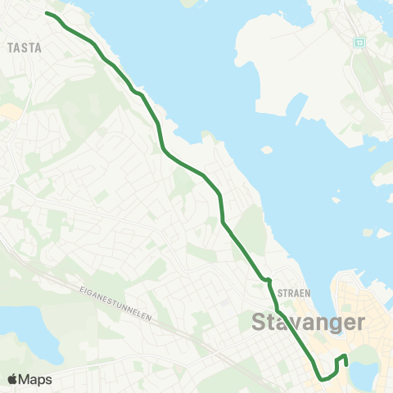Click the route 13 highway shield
pos(359,41)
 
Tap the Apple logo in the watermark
pos(13,379)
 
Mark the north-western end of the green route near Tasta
pos(46,14)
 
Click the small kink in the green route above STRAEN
pos(267,281)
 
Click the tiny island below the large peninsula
pos(266,150)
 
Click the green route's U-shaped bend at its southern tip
pos(326,377)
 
